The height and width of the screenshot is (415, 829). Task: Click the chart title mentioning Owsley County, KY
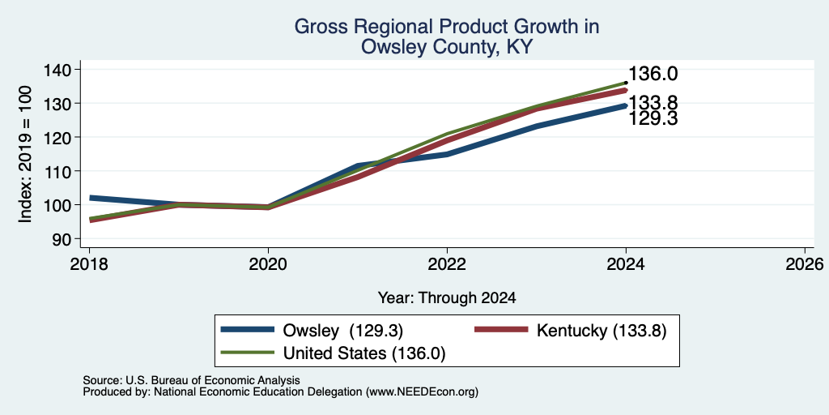click(x=446, y=36)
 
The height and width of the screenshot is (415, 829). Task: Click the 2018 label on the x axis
click(x=89, y=263)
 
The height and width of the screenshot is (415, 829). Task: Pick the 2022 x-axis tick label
click(x=447, y=263)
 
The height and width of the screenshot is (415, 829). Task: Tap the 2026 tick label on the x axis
click(x=805, y=263)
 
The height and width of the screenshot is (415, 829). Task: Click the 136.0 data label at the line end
click(x=653, y=74)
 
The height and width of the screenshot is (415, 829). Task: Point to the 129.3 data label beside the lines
click(x=653, y=118)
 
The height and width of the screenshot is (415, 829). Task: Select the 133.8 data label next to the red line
click(x=653, y=103)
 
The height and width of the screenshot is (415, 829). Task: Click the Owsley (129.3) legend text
click(x=343, y=331)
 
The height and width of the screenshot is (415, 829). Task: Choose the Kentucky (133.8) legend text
click(x=602, y=331)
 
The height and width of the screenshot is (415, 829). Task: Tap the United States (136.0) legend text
click(x=364, y=353)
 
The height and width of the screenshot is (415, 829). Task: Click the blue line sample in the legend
click(x=248, y=330)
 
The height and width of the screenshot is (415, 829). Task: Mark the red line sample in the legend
click(x=501, y=330)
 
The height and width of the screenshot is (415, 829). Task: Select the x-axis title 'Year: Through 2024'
click(x=447, y=298)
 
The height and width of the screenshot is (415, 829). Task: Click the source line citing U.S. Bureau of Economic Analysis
click(x=191, y=380)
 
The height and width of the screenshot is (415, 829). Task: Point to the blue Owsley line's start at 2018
click(x=90, y=198)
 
